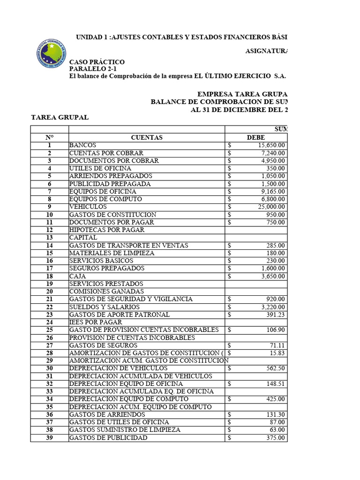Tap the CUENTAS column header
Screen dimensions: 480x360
pos(147,137)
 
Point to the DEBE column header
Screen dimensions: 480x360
pos(256,137)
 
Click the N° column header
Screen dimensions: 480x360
pos(49,137)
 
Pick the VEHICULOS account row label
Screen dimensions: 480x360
pos(88,207)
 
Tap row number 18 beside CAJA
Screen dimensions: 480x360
pos(49,276)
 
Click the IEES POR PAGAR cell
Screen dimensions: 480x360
pos(96,322)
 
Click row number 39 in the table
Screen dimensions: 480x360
pos(49,438)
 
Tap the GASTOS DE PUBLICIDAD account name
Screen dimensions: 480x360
pos(108,438)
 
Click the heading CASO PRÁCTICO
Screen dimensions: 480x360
pos(97,62)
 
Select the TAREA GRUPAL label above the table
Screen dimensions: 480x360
pos(60,117)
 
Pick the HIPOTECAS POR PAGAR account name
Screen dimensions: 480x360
pos(107,230)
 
